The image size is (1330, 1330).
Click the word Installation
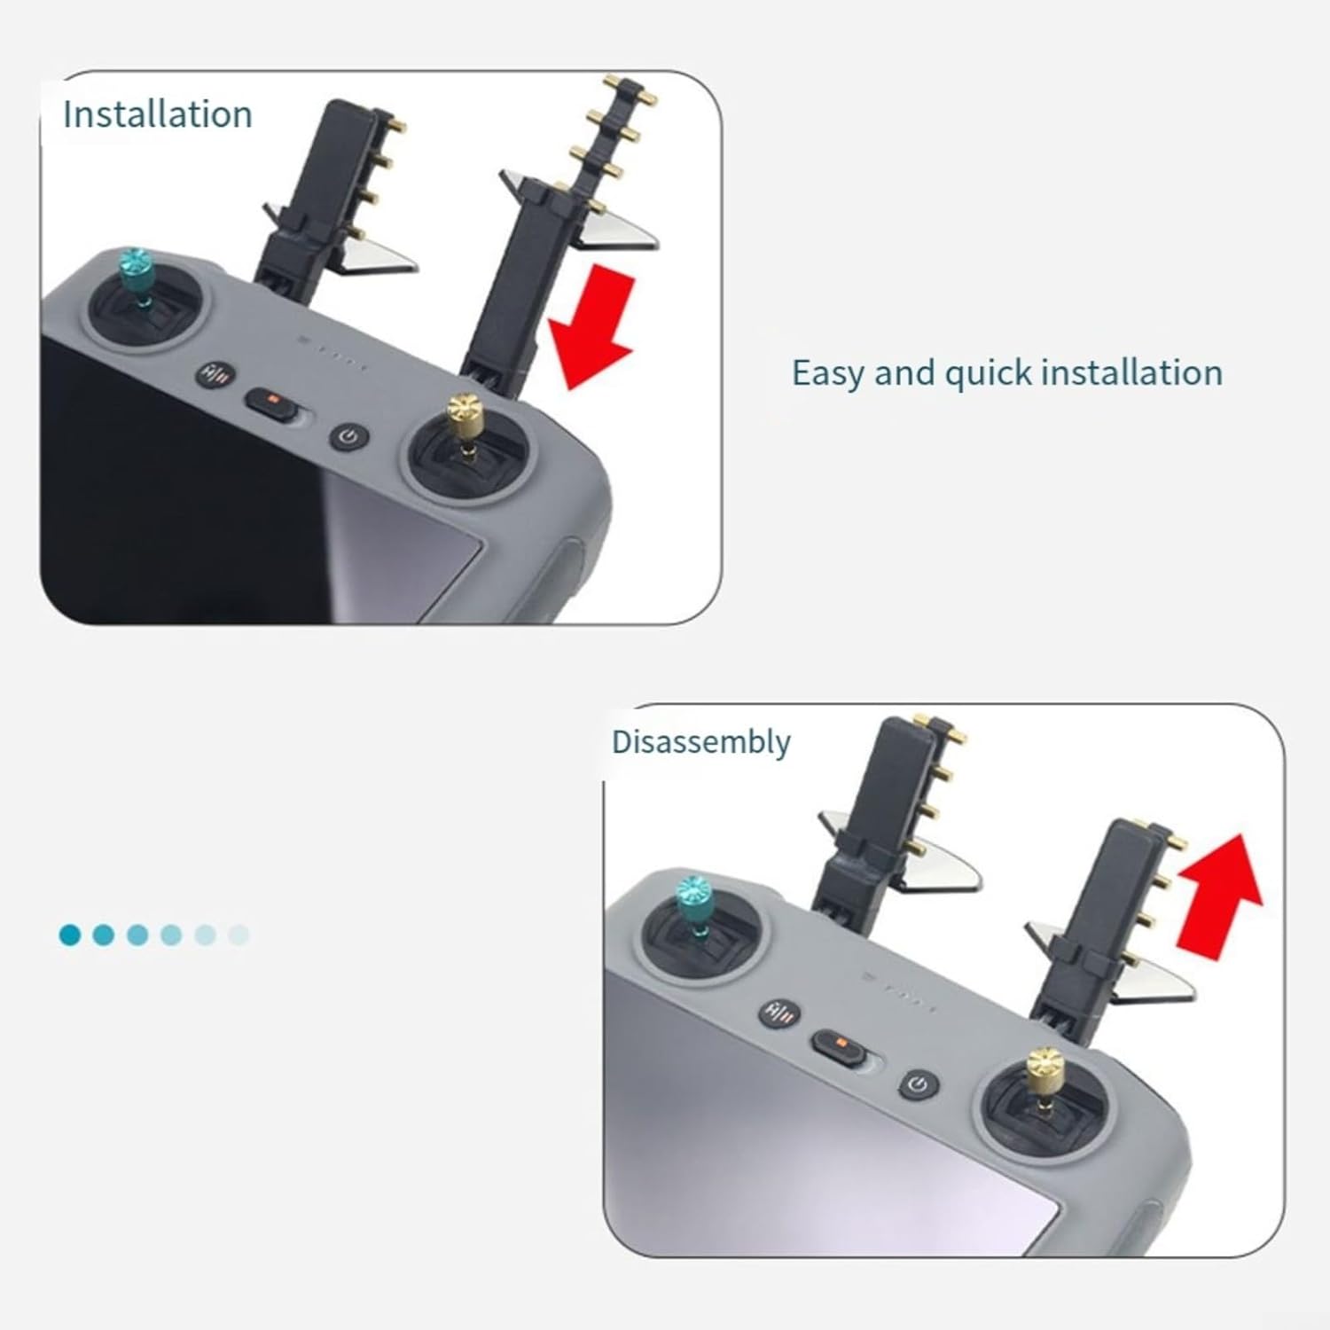158,114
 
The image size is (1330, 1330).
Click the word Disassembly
700,742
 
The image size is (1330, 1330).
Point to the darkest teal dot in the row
70,935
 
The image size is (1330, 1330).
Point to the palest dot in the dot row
239,935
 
